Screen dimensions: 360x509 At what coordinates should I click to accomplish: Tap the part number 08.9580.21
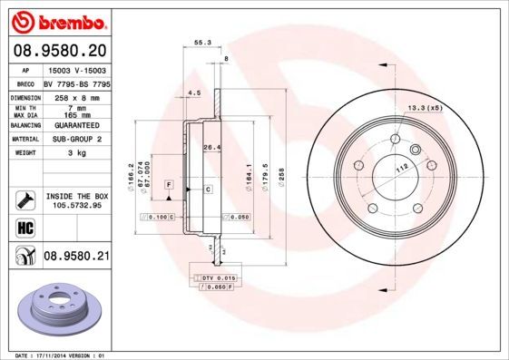pyautogui.click(x=76, y=257)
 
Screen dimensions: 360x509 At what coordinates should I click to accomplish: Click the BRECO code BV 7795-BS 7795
pyautogui.click(x=76, y=83)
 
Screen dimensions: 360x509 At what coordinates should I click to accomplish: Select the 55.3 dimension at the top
pyautogui.click(x=202, y=42)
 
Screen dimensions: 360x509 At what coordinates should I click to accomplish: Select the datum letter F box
pyautogui.click(x=168, y=185)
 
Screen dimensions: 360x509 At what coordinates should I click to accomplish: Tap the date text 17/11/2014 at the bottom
pyautogui.click(x=57, y=355)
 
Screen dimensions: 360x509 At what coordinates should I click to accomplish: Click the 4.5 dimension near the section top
pyautogui.click(x=193, y=92)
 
